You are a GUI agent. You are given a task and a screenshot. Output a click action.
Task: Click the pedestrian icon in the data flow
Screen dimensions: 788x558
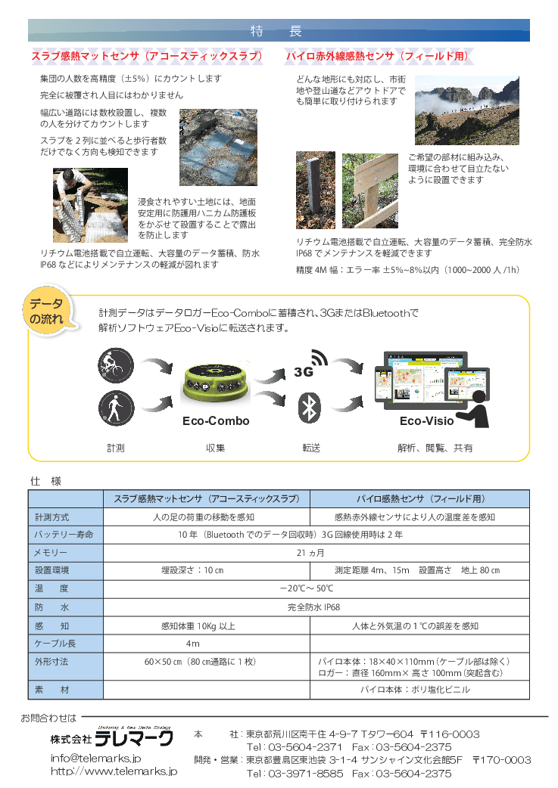pos(116,408)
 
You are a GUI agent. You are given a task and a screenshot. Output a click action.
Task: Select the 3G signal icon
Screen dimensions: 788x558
pos(310,365)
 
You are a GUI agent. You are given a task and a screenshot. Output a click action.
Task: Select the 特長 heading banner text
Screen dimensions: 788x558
pos(278,31)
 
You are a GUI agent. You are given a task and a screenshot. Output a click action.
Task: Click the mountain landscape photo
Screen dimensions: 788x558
pos(466,110)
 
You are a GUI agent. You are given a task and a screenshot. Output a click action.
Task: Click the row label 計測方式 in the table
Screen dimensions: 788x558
pos(52,517)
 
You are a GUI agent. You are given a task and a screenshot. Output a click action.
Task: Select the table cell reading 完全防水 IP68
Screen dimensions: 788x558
pos(315,607)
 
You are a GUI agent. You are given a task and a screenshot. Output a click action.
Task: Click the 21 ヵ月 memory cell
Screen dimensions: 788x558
pos(315,553)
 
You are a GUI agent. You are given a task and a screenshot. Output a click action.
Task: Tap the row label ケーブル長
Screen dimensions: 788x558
pos(55,644)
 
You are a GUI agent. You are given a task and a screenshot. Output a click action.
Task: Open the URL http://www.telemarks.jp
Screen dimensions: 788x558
pos(114,771)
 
